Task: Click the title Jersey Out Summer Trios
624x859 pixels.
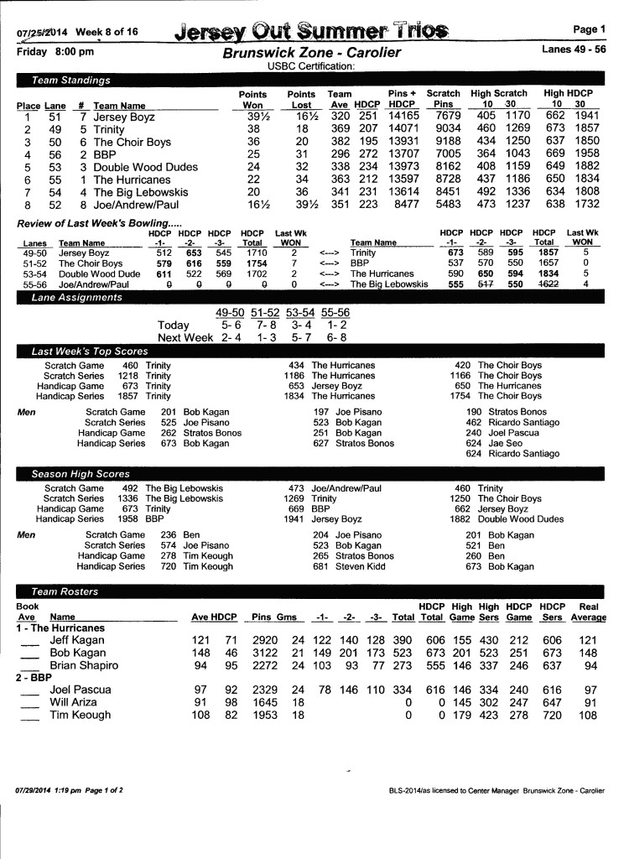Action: pos(310,31)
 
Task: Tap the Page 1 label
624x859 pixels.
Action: pos(589,29)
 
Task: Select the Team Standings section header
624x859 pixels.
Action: pos(70,81)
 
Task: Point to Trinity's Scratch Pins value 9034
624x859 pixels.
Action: pos(443,130)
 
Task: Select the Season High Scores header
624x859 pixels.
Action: pos(81,474)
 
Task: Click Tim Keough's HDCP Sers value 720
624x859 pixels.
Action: pos(551,716)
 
